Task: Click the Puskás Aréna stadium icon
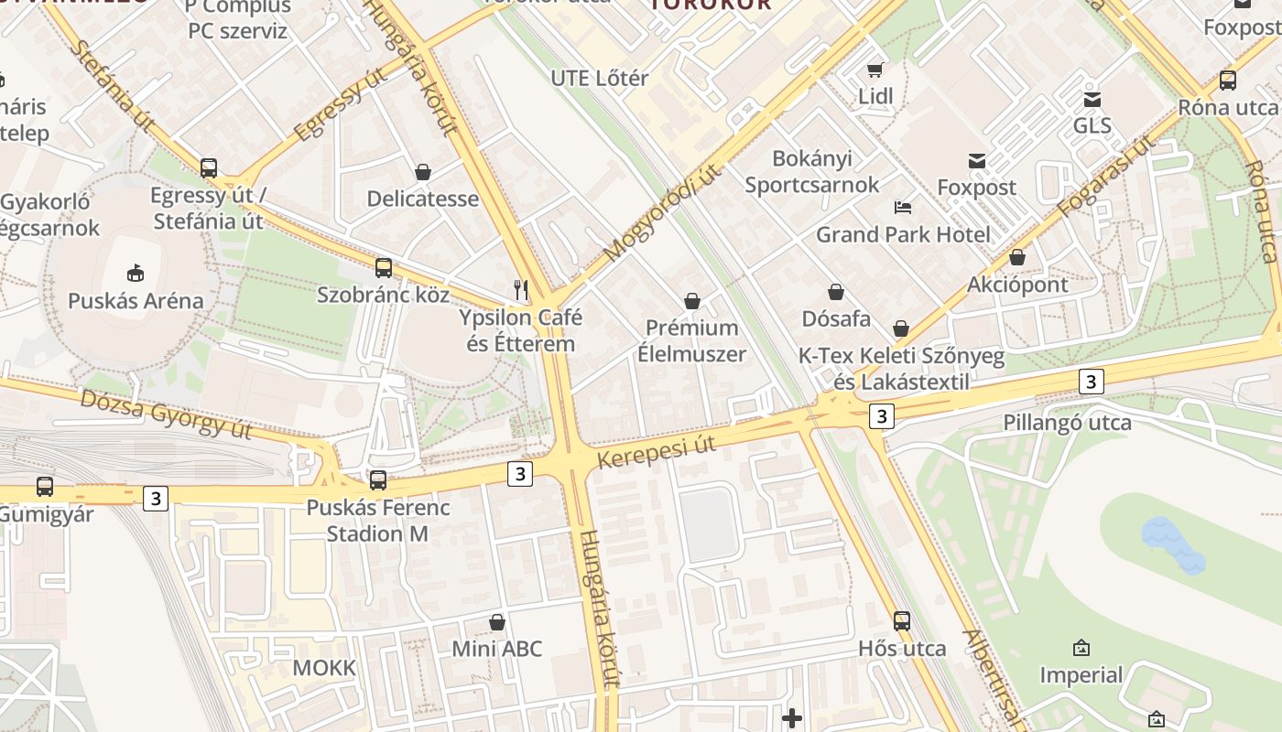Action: [x=136, y=272]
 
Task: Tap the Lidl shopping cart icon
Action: [x=875, y=70]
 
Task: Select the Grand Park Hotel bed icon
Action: [x=903, y=207]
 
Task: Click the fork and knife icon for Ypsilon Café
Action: [x=521, y=290]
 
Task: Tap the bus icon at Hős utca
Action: [x=902, y=620]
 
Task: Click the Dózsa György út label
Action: [x=166, y=413]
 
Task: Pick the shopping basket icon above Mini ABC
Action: [x=497, y=622]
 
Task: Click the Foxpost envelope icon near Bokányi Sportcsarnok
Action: [x=977, y=161]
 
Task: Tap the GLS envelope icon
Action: [x=1092, y=99]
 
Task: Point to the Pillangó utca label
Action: [x=1067, y=423]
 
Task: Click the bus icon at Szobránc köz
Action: [x=384, y=268]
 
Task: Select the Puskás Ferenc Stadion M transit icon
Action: [x=378, y=479]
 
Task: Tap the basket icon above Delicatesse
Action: [x=423, y=171]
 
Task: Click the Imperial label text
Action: [x=1081, y=675]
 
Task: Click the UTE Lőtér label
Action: [x=599, y=78]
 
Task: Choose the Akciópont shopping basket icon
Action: [x=1017, y=257]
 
